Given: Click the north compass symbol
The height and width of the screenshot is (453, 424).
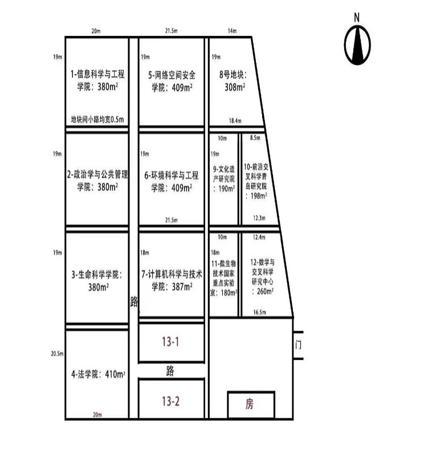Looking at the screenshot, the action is tap(357, 45).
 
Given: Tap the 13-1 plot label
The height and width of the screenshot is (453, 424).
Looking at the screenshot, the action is tap(170, 341).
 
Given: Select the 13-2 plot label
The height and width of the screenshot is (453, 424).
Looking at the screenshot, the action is tap(170, 401).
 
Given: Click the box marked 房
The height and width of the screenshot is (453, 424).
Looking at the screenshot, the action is tap(251, 405).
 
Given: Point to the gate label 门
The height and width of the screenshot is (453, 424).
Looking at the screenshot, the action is tap(298, 345).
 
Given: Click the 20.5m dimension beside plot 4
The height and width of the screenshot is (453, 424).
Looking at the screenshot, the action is tap(57, 354).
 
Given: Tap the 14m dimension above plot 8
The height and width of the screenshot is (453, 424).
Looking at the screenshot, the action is tap(232, 31).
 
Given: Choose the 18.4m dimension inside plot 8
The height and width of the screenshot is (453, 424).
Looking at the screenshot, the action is tap(235, 121).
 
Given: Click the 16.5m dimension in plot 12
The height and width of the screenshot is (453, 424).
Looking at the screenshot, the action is tap(259, 312).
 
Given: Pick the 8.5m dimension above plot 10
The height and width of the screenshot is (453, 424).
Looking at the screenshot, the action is tap(255, 138).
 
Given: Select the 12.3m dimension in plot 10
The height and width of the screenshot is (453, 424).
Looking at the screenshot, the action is tap(259, 218).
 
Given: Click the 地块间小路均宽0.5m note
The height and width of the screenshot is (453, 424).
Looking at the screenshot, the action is tap(97, 119).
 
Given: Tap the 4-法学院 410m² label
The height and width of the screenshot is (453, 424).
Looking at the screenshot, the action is tap(98, 374).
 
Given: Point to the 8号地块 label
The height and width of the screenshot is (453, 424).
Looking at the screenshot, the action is tap(233, 75).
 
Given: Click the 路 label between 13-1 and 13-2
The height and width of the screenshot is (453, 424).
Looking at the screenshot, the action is tap(170, 371).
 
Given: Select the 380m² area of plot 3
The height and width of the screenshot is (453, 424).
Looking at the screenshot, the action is tap(99, 287).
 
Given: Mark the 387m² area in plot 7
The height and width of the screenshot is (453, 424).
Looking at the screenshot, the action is tap(182, 287).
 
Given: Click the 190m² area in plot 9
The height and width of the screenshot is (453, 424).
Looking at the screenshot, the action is tap(227, 189).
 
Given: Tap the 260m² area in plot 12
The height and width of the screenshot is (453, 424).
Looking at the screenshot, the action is tap(265, 291).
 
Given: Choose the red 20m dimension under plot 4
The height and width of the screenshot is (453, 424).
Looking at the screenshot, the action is tap(97, 415).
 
